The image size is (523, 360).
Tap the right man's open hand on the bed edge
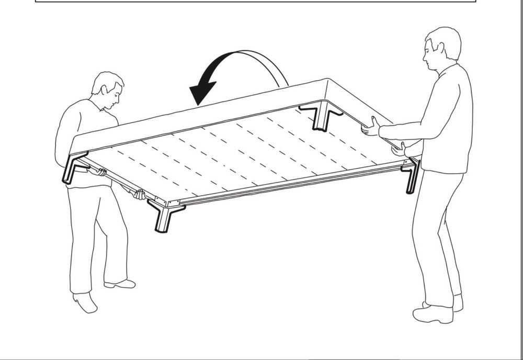371,128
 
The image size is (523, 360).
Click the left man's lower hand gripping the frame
139,195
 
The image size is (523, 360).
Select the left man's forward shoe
120,284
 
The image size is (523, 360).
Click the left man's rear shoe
85,302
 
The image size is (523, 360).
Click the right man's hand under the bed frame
399,150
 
